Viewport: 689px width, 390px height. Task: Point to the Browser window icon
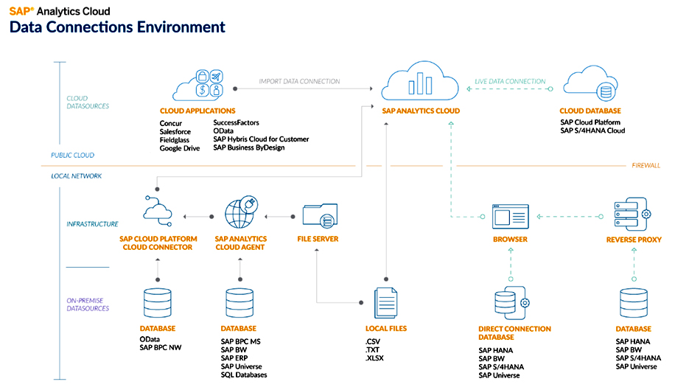point(509,217)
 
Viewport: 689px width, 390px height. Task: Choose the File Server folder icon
point(320,217)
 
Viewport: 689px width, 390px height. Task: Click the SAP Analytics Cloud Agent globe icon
point(240,214)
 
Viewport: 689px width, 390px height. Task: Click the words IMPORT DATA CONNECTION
point(299,81)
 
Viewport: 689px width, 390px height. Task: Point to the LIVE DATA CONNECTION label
point(511,81)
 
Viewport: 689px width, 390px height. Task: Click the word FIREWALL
point(646,166)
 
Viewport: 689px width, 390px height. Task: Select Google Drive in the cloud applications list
point(180,148)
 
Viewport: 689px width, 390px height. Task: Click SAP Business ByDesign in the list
point(248,148)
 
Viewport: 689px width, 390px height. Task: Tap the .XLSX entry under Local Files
point(375,358)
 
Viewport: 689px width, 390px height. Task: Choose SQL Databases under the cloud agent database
point(244,375)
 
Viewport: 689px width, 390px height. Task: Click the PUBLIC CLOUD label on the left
point(72,156)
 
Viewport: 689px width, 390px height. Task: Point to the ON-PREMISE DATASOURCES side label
point(87,304)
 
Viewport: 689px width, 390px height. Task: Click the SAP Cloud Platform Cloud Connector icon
point(156,213)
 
